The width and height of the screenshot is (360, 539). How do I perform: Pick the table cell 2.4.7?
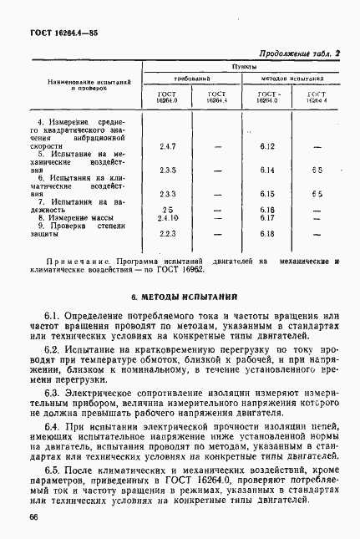[167, 147]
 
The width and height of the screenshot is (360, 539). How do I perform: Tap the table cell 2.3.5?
[167, 170]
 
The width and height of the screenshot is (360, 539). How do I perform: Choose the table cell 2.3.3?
[167, 194]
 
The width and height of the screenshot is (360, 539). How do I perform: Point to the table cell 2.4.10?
[168, 218]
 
